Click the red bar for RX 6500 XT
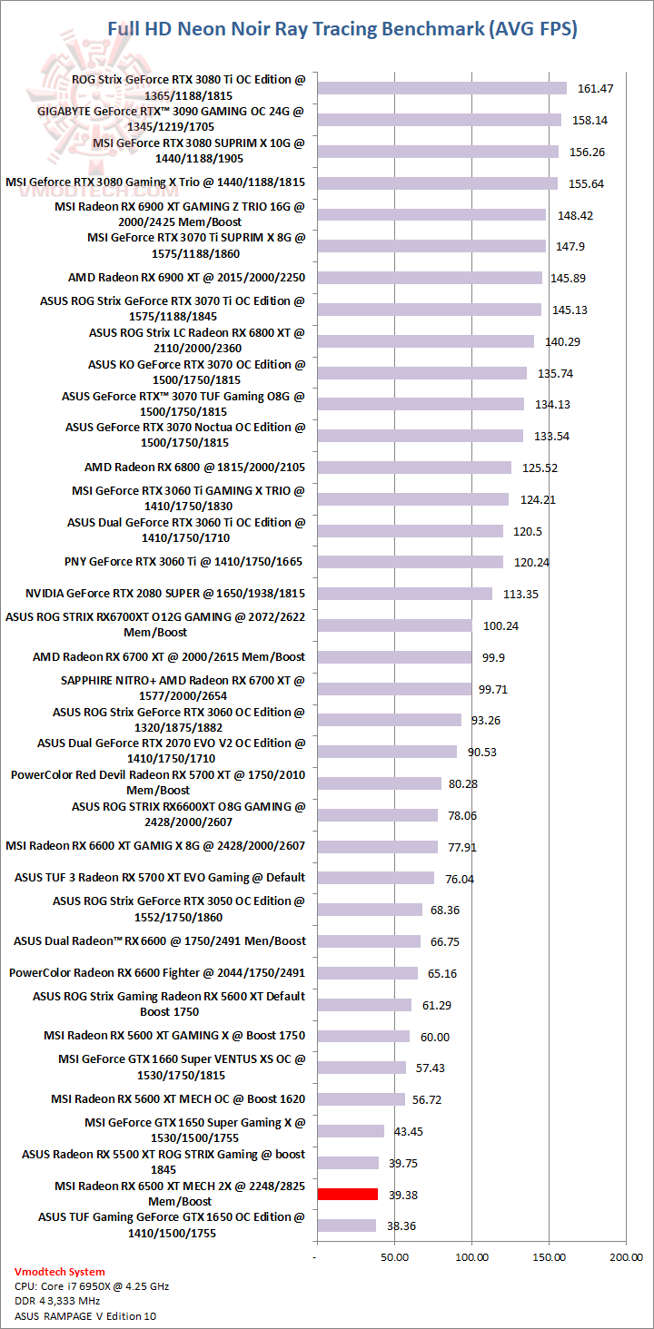pos(346,1194)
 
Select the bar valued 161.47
pos(441,88)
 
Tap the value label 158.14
pos(593,120)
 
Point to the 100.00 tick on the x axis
pos(471,1257)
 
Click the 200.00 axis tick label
pos(626,1257)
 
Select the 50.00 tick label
pos(392,1257)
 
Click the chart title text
pos(342,29)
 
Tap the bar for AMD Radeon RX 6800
pos(413,468)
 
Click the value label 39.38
pos(403,1195)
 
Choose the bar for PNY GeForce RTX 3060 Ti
pos(409,562)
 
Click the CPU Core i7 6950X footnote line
pos(92,1286)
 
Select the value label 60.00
pos(434,1037)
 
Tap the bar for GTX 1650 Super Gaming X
pos(350,1131)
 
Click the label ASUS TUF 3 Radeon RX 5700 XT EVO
pos(160,878)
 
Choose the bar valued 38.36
pos(345,1226)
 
